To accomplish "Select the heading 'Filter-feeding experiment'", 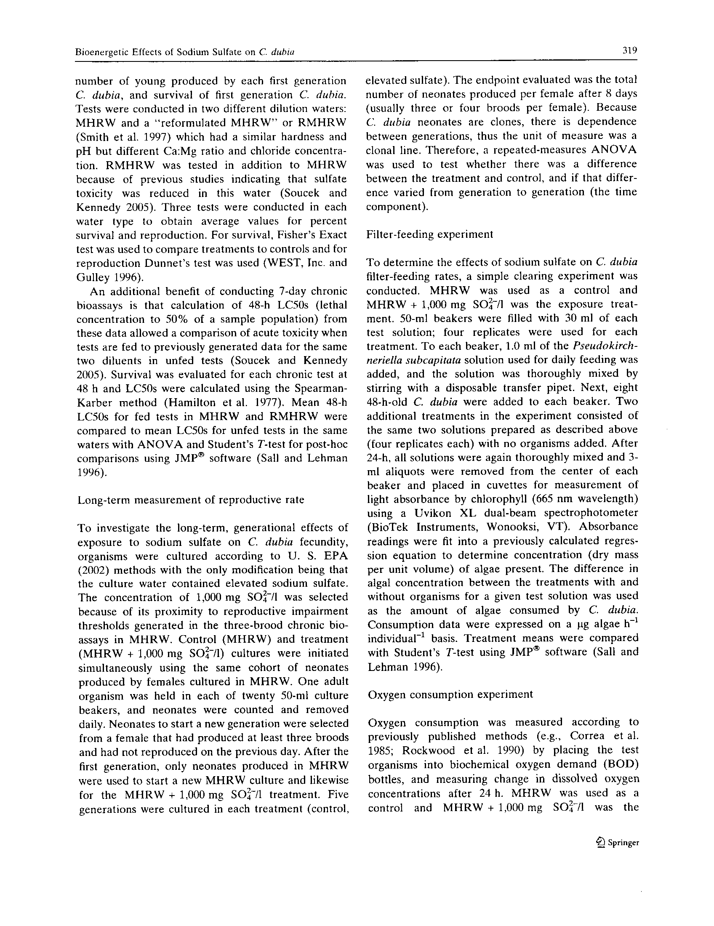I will (x=429, y=234).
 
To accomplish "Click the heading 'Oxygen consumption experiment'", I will (x=450, y=694).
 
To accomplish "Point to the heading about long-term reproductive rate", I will (x=191, y=500).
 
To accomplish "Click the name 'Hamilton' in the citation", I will (x=185, y=402).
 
